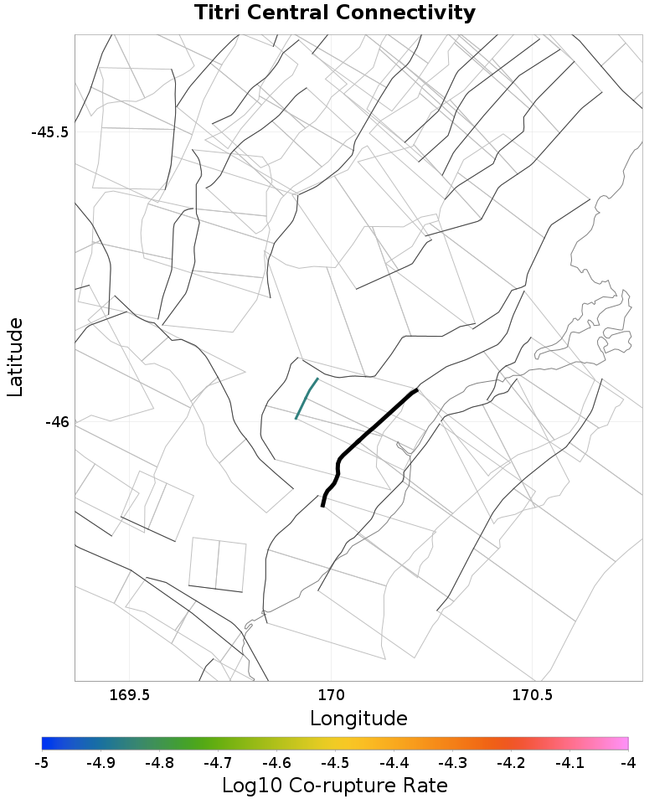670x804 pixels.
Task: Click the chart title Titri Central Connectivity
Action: (x=335, y=13)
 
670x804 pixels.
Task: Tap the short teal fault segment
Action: (x=307, y=398)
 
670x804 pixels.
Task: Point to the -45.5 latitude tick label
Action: (x=50, y=132)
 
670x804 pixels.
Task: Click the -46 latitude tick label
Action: (x=57, y=422)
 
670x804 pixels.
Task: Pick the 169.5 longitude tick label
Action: (x=130, y=695)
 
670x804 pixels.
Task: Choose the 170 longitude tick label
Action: (x=332, y=695)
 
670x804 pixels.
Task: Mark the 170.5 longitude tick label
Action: (x=533, y=695)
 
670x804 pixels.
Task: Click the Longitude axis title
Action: (x=358, y=719)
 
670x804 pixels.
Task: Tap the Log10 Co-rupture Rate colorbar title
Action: (x=335, y=786)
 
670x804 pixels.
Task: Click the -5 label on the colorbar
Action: (x=42, y=763)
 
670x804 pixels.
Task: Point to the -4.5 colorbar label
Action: (x=335, y=763)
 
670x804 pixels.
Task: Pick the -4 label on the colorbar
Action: (x=628, y=763)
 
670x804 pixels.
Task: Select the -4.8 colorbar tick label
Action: (x=159, y=763)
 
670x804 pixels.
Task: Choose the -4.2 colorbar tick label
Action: (x=511, y=763)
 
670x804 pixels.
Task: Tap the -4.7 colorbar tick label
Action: (x=218, y=763)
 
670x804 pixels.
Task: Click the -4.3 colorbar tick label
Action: (x=452, y=763)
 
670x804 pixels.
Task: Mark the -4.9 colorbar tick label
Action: (x=100, y=763)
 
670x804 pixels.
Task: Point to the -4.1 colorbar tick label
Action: (x=569, y=763)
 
